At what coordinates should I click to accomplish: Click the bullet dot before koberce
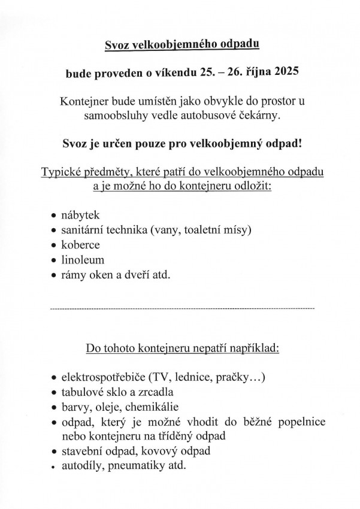pos(55,246)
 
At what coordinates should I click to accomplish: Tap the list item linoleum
pos(83,260)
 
